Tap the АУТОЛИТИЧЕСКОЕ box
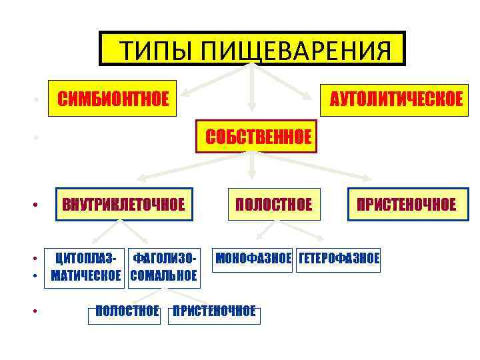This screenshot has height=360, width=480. pos(391,99)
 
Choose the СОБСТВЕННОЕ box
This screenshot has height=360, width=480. pos(258,137)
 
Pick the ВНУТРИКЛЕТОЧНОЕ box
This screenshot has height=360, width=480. pos(123,204)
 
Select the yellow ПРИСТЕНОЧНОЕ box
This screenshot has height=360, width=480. pos(406,204)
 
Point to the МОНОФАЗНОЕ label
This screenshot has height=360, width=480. pos(253,258)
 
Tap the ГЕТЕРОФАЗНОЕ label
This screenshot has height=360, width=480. pos(339,258)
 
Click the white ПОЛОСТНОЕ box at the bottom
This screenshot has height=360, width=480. pos(127,311)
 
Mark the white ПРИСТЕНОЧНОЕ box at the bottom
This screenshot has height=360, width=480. pos(214,311)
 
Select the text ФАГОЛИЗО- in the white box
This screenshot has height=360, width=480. pos(164,257)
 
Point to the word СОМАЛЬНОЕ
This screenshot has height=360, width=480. pos(164,276)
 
